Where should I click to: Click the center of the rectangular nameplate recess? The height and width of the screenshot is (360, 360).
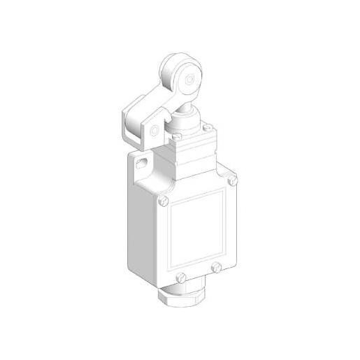tap(198, 229)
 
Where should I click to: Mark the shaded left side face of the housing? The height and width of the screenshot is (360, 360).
tap(147, 224)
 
